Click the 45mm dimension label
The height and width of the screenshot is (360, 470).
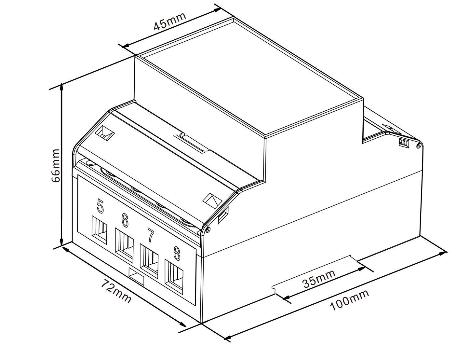tap(170, 21)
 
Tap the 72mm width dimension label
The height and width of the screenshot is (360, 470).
tap(116, 291)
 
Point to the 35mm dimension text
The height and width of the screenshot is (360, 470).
tap(319, 279)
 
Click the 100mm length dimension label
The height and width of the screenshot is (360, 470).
tap(349, 300)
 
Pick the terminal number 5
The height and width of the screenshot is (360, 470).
tap(100, 206)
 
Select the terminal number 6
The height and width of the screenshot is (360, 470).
tap(125, 220)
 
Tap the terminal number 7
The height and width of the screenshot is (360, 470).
tap(151, 235)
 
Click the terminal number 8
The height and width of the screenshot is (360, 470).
tap(177, 254)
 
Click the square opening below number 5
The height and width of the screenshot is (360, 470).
tap(99, 230)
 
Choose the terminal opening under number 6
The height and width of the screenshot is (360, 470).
tap(124, 245)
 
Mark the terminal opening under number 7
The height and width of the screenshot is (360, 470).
tap(149, 261)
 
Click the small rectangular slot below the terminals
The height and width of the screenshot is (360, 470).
tap(136, 277)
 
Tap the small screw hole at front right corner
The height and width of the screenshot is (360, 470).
tap(207, 230)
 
